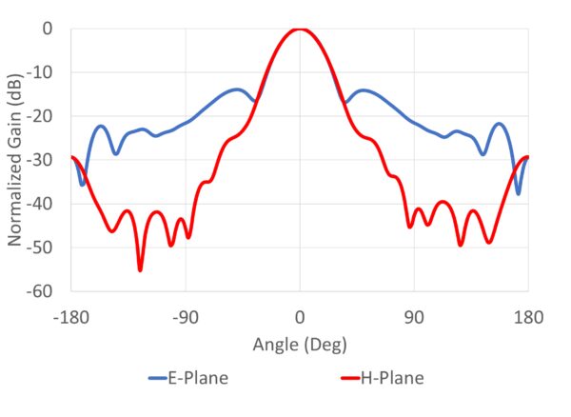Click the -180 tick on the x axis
point(71,316)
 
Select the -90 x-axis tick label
point(186,316)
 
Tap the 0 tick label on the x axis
point(300,316)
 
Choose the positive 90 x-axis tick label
point(414,316)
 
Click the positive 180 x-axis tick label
point(528,316)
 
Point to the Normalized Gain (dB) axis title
point(16,160)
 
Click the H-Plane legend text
point(392,379)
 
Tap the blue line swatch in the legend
point(157,379)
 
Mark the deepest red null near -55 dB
point(140,270)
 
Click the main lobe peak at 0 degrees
point(300,30)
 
